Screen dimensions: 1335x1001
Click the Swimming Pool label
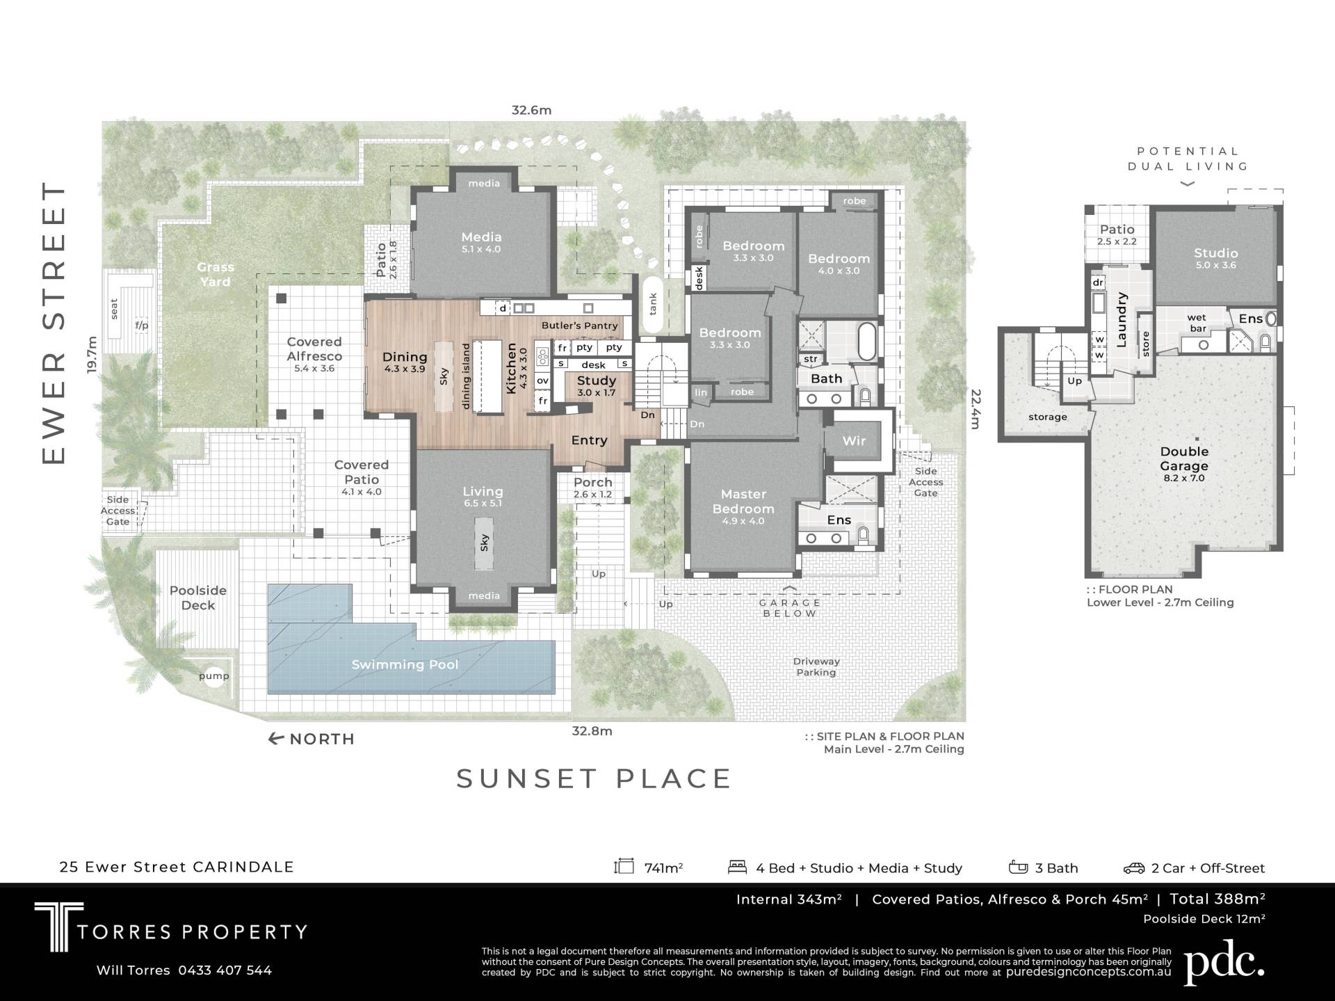[405, 664]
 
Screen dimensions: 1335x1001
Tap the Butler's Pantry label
[580, 326]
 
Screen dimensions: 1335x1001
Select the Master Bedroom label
[743, 501]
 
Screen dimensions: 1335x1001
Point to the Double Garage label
[1184, 458]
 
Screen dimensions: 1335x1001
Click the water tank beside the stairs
[652, 304]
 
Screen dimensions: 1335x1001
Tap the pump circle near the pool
[214, 676]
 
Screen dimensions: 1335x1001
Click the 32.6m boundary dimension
[531, 110]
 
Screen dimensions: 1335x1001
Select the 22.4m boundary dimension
[976, 408]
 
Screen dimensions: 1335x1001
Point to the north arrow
[276, 739]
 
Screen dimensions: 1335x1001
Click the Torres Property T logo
[59, 927]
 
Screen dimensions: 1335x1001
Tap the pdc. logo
[1224, 963]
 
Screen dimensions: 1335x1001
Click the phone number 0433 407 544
[225, 970]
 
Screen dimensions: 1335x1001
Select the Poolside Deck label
[198, 598]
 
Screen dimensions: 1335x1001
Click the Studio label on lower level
[1216, 253]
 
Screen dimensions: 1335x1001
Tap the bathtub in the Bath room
[868, 341]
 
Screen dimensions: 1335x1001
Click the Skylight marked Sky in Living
[484, 543]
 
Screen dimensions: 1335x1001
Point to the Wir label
[854, 440]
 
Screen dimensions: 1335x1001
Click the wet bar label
[1197, 323]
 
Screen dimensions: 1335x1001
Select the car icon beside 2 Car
[1134, 867]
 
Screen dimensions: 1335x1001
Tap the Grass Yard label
[216, 274]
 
